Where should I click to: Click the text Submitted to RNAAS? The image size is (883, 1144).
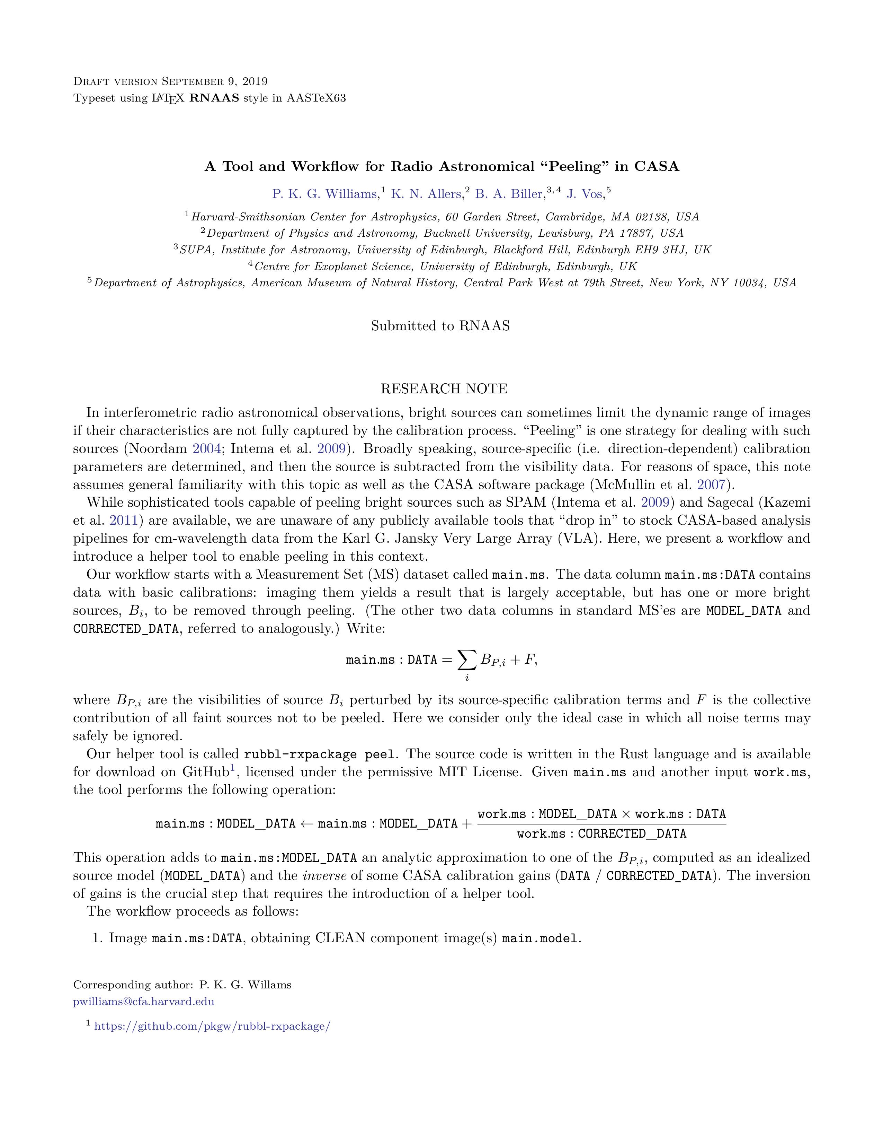point(440,326)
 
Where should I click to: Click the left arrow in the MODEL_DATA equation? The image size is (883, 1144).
point(307,823)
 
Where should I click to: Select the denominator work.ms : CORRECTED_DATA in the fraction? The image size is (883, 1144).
point(601,833)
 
